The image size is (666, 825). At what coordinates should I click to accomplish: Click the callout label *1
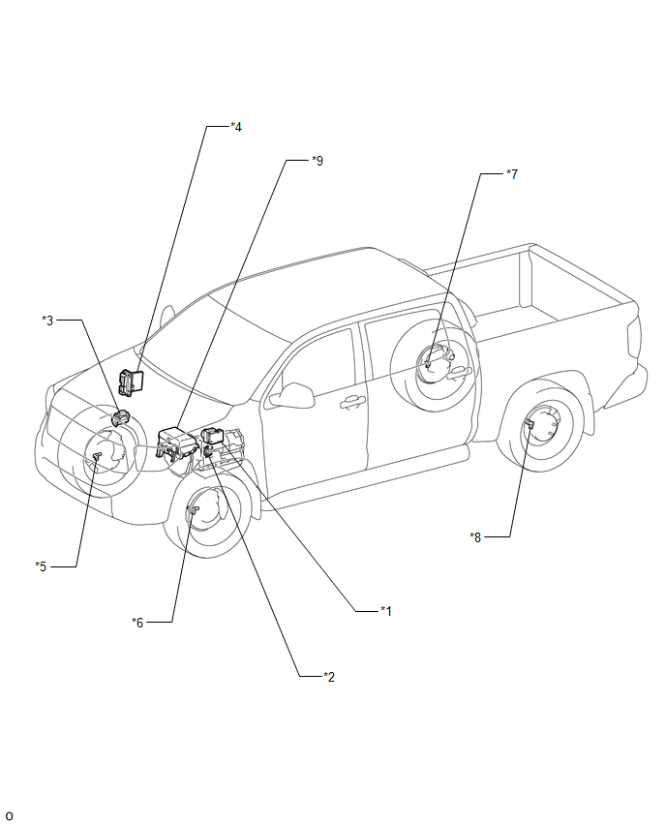(385, 611)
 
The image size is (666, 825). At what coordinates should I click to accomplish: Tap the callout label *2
(329, 676)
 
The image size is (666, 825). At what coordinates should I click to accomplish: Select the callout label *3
(47, 320)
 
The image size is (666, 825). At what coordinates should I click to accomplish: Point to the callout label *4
(235, 126)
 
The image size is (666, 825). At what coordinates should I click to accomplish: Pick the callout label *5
(41, 565)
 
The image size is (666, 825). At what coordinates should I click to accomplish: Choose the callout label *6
(137, 622)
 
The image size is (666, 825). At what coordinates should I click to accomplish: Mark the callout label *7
(512, 174)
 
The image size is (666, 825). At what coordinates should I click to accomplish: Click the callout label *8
(475, 536)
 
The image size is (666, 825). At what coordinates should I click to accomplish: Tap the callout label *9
(318, 160)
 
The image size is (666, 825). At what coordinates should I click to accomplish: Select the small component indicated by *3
(122, 418)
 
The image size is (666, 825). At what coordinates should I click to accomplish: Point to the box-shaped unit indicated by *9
(176, 442)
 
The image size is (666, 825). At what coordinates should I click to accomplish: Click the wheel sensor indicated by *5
(97, 456)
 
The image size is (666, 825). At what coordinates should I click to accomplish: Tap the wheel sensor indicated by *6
(193, 509)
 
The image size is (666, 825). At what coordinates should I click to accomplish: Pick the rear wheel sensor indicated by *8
(531, 425)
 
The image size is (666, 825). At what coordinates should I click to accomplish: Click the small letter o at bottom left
(10, 815)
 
